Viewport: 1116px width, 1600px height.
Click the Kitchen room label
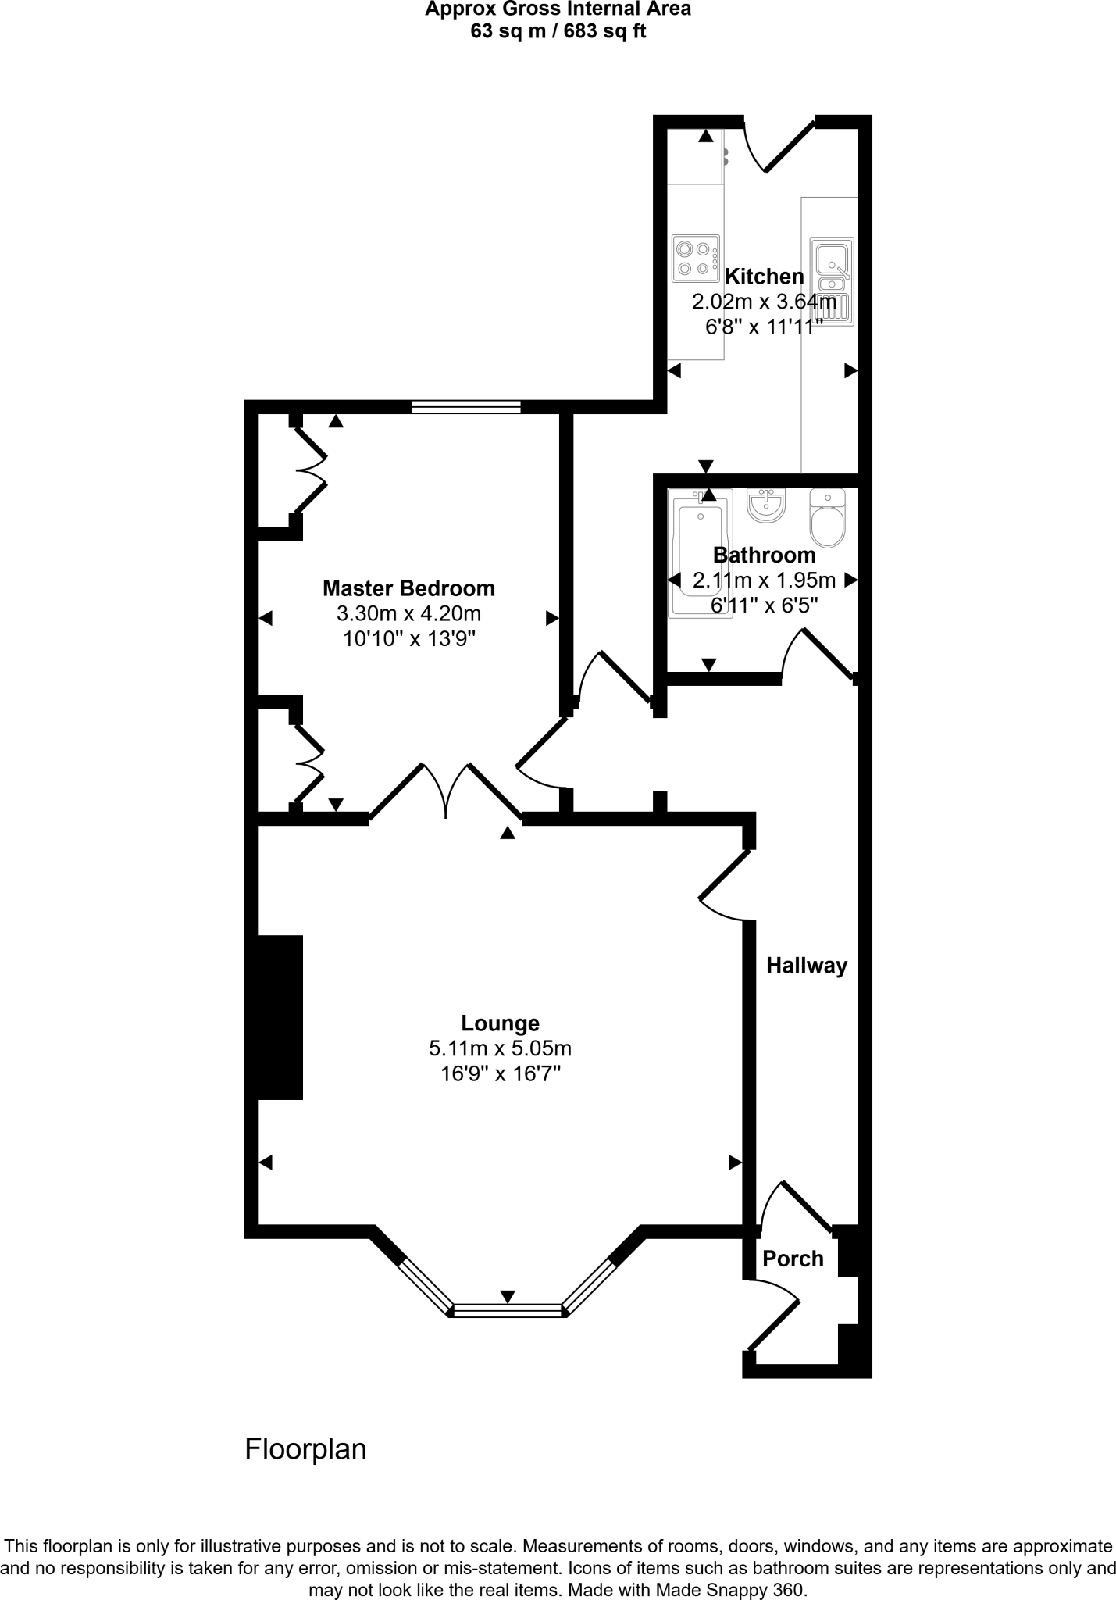click(764, 277)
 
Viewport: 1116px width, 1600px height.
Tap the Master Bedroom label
click(408, 587)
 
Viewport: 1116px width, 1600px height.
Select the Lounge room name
click(500, 1023)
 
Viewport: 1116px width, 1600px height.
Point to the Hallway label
click(806, 966)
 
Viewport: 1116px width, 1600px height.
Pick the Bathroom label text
click(764, 555)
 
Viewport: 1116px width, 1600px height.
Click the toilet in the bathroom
click(827, 519)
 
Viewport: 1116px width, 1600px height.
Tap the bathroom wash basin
click(765, 505)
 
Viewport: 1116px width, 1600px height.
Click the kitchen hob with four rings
click(694, 259)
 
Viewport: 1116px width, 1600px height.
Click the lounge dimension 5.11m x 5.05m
click(500, 1048)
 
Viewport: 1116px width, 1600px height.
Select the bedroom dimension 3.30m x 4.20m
click(408, 613)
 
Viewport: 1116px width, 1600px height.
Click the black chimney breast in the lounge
click(275, 1016)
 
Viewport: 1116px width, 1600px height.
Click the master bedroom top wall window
click(466, 406)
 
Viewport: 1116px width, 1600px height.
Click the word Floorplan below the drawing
click(305, 1449)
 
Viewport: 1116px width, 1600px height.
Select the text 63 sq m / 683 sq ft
click(558, 32)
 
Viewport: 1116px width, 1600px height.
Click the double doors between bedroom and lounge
click(446, 791)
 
